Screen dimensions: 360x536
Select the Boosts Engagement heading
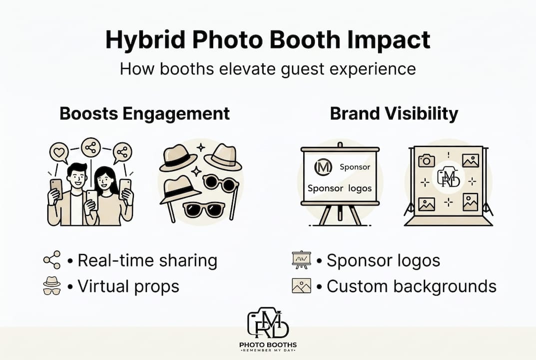(x=145, y=113)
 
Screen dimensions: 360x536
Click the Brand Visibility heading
(x=394, y=113)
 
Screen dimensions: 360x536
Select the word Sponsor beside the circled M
(x=355, y=167)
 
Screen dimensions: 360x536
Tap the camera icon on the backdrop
(x=426, y=160)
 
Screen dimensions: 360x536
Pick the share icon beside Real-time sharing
(x=51, y=260)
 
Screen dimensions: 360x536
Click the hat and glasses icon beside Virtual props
(x=51, y=286)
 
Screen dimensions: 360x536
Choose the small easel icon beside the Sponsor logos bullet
(x=301, y=260)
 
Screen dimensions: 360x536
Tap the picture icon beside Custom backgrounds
(x=301, y=286)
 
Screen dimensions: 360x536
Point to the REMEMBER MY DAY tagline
(x=268, y=352)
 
